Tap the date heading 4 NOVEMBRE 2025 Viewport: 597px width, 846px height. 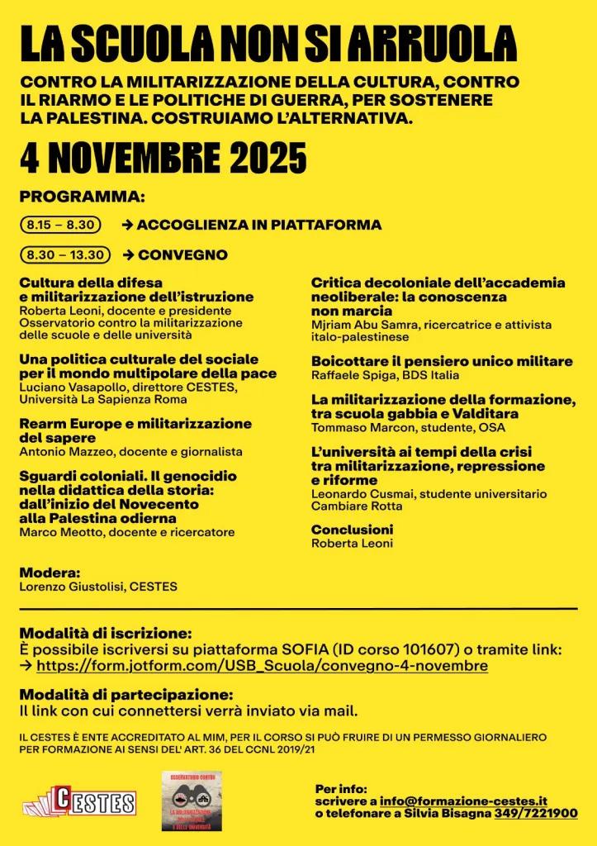163,156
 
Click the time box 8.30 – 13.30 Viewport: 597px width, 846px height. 64,254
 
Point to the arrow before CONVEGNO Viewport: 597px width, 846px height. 128,254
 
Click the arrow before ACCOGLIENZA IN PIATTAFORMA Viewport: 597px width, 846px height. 128,225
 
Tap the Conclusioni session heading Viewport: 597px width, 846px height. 352,529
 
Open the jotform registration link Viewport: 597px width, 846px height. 263,666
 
